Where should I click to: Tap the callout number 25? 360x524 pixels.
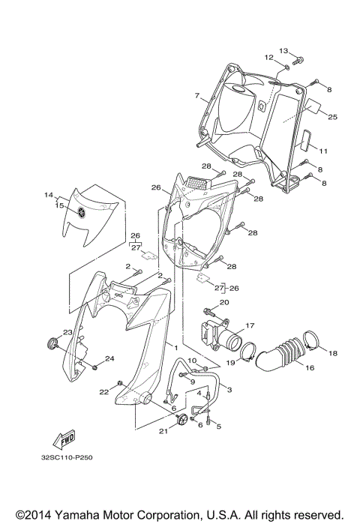pos(332,116)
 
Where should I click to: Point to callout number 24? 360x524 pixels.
pos(110,358)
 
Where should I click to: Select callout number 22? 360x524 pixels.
pos(102,391)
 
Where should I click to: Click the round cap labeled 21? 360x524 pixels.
pos(181,421)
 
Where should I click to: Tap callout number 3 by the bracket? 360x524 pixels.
pos(229,390)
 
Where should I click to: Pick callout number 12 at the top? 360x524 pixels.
pos(268,57)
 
